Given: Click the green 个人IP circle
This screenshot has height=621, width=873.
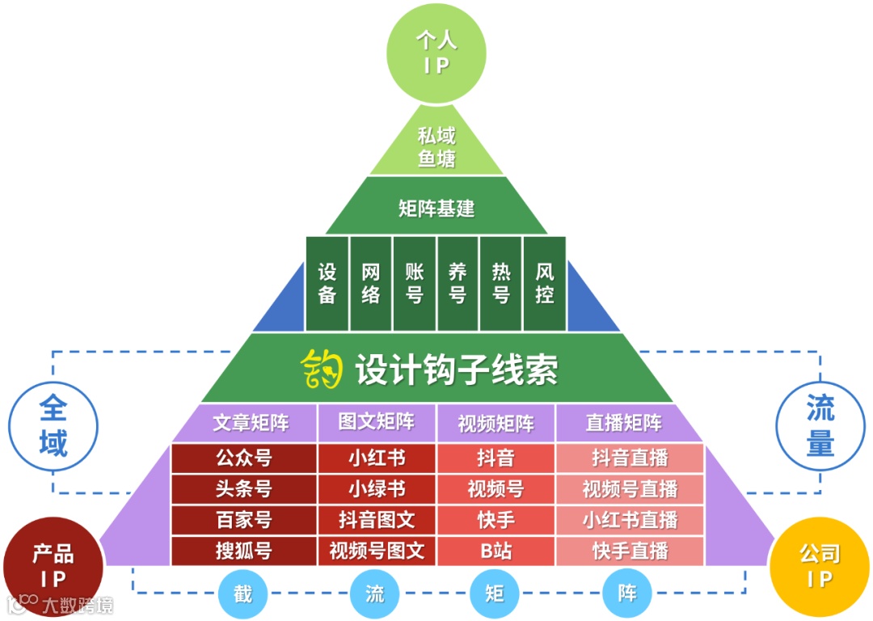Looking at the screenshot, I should click(x=436, y=53).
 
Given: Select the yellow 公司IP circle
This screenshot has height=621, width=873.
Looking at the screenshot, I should click(x=820, y=566).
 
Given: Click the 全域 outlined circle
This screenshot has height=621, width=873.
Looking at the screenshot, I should click(x=53, y=426).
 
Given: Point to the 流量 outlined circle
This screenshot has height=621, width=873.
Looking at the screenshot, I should click(x=820, y=426).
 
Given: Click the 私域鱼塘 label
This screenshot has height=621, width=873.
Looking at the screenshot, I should click(x=436, y=146).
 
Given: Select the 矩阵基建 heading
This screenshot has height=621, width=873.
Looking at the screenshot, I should click(x=436, y=209).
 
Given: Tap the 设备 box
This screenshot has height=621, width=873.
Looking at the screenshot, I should click(x=327, y=283).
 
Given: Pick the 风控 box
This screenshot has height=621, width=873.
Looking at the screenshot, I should click(x=545, y=283).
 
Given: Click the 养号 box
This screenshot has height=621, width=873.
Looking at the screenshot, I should click(x=458, y=283).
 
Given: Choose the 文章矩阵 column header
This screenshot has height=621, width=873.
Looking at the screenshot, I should click(x=251, y=423).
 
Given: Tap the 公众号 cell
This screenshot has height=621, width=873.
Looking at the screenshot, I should click(x=243, y=458).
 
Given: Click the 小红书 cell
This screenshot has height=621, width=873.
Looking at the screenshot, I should click(x=377, y=458).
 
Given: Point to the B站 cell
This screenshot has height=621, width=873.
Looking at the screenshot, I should click(x=496, y=551).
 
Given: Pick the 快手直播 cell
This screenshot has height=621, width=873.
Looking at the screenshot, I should click(x=630, y=551).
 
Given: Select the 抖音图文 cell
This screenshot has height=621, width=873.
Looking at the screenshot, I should click(x=377, y=520).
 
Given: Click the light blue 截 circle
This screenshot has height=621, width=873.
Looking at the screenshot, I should click(x=242, y=594).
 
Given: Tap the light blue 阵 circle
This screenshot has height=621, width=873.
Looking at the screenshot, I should click(x=627, y=594).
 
